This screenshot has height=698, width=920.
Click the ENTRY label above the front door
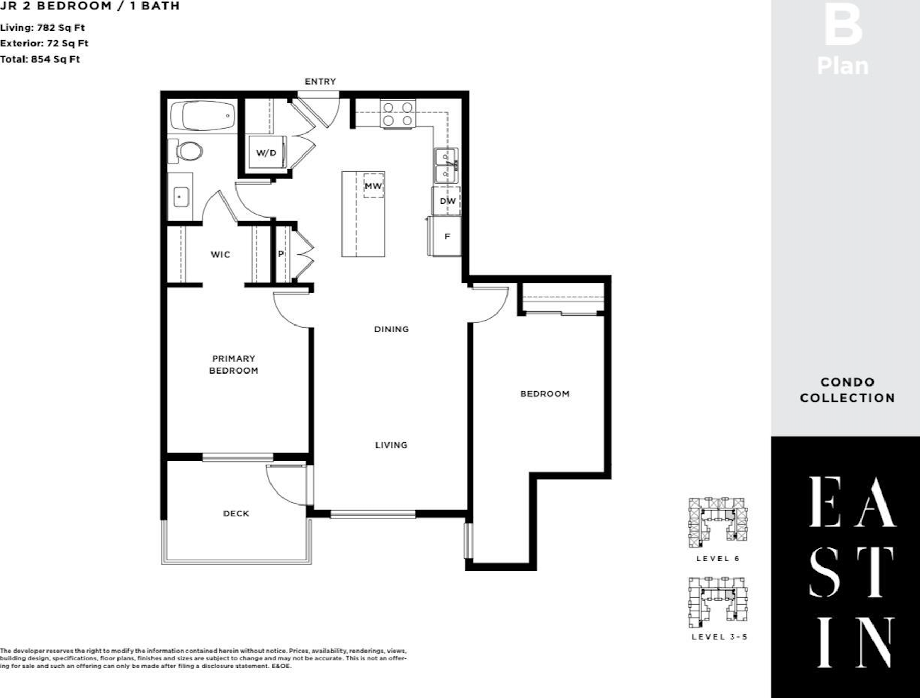pos(320,81)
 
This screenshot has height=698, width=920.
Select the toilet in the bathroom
pos(185,151)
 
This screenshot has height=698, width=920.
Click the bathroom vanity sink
pos(181,197)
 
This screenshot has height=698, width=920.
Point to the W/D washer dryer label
pos(266,153)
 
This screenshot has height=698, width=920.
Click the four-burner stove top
pos(398,114)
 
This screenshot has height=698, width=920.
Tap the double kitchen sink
pos(446,165)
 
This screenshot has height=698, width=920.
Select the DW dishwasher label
pos(447,201)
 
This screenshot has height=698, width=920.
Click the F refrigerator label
pos(447,237)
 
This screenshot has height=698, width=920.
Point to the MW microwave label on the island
pos(373,186)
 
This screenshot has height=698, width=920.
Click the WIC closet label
pos(220,255)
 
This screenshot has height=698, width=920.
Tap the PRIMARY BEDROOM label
pos(233,365)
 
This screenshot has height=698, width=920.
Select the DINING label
pos(392,329)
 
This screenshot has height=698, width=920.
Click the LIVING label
pos(391,445)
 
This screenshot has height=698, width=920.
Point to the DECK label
pos(236,514)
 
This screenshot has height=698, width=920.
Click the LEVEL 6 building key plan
pos(718,522)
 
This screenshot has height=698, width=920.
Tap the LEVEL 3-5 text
pos(720,637)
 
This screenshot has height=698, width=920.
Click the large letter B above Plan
pos(843,25)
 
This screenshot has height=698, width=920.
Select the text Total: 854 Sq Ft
pos(40,59)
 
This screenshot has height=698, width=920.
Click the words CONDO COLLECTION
pos(847,390)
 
